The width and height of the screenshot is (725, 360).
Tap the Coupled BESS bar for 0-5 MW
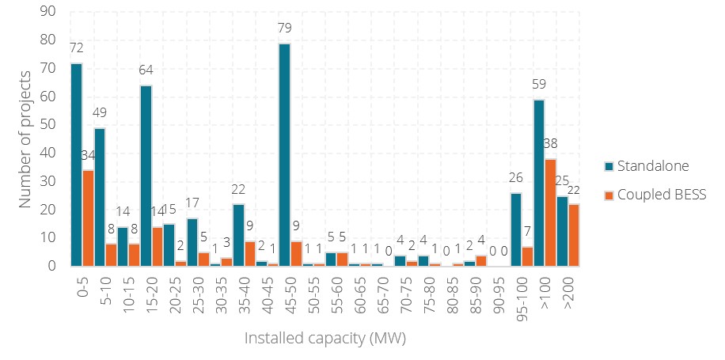point(89,218)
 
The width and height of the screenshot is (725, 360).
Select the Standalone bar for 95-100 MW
point(516,229)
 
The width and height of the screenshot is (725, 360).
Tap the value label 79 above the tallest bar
point(283,29)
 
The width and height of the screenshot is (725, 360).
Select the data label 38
point(550,145)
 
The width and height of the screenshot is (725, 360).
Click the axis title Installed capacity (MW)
point(325,338)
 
